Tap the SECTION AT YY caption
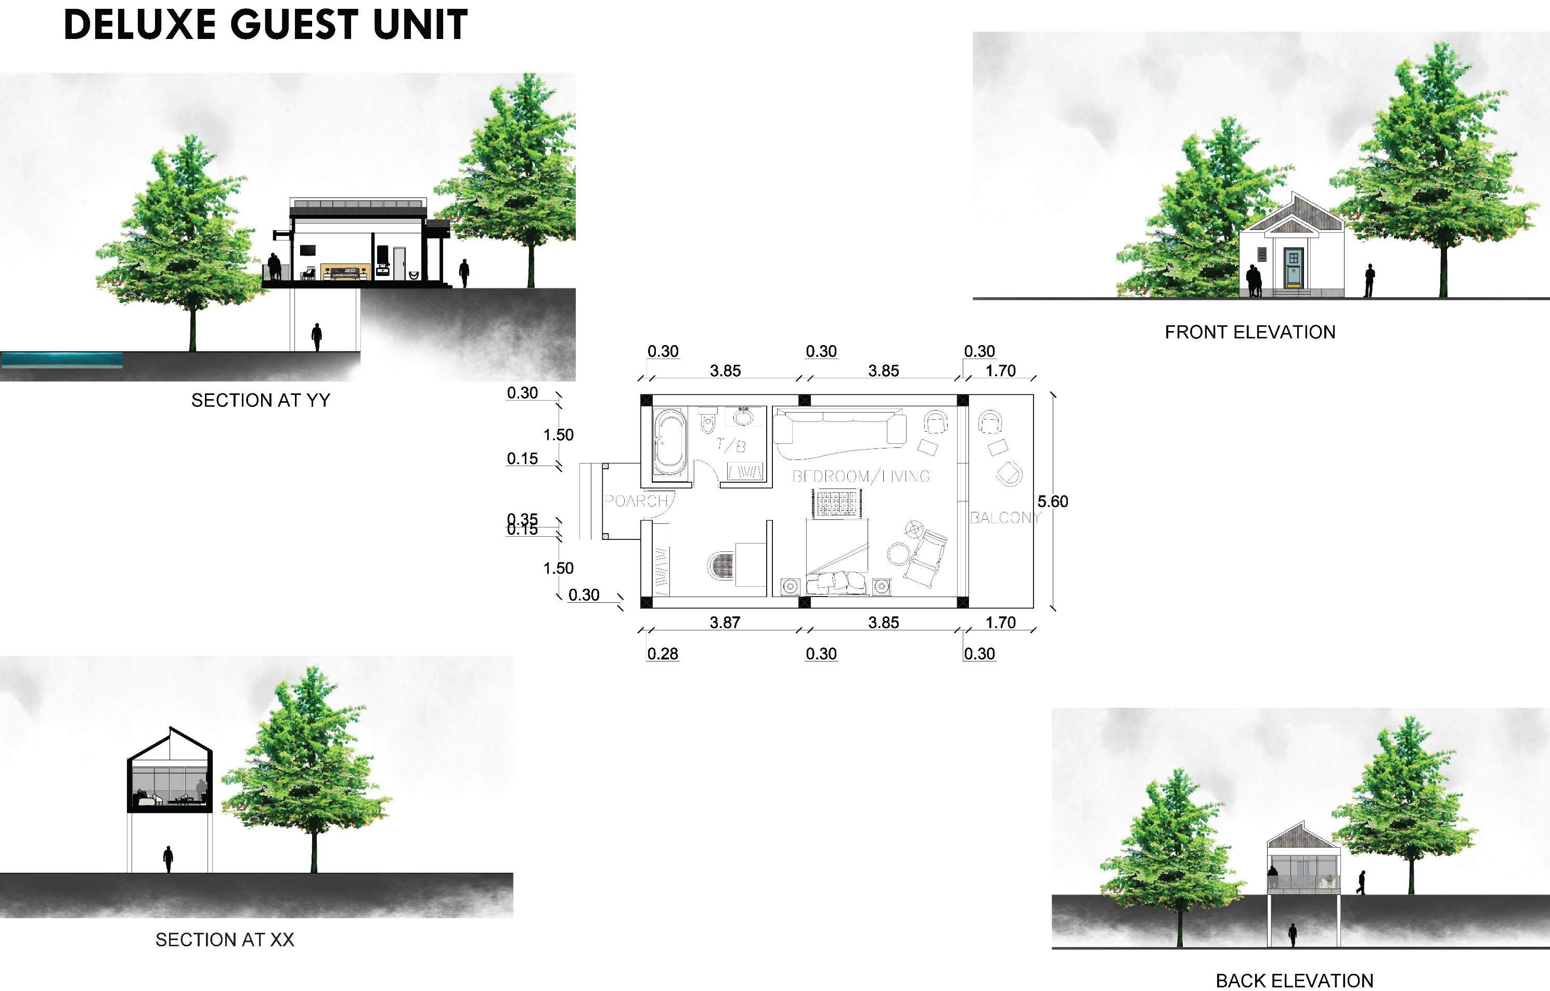260,400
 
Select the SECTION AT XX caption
224,940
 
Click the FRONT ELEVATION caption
1250,332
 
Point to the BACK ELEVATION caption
1294,980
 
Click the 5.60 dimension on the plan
1052,501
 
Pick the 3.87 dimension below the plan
725,622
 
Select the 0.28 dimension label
663,654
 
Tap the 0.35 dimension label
522,518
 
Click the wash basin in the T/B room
744,416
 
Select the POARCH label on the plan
636,500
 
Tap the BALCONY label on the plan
1004,518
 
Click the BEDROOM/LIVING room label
860,476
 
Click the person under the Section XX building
168,859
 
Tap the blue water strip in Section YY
62,359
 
